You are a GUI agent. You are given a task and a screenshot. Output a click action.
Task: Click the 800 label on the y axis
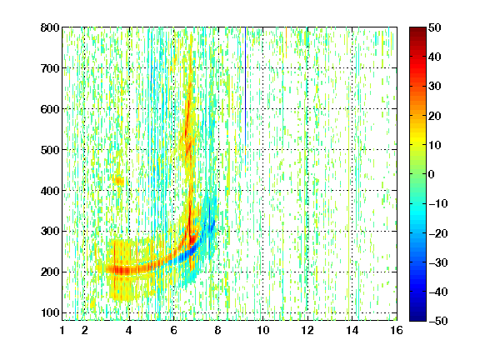(x=50, y=27)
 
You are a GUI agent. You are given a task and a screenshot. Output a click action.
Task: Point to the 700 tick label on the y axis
(x=50, y=68)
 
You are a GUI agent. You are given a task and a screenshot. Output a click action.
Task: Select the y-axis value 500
(x=50, y=150)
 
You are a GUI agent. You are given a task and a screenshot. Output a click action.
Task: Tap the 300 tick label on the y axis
(x=50, y=231)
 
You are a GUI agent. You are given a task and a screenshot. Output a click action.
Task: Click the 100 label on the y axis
(x=50, y=312)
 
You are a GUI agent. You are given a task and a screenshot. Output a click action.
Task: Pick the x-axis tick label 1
(x=62, y=330)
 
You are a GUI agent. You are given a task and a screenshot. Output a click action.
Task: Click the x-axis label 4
(x=129, y=330)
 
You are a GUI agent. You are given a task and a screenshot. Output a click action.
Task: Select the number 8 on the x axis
(x=218, y=330)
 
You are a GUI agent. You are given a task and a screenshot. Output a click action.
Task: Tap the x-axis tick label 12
(x=307, y=330)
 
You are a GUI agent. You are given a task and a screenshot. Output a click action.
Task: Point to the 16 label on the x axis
(x=397, y=330)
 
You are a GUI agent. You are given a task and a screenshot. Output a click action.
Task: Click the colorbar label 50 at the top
(x=434, y=27)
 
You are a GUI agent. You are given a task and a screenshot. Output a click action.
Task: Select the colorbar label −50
(x=438, y=321)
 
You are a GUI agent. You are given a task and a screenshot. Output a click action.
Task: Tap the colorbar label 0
(x=432, y=174)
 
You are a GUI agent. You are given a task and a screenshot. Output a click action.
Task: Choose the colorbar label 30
(x=434, y=86)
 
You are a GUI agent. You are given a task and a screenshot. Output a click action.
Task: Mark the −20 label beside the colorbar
(x=438, y=233)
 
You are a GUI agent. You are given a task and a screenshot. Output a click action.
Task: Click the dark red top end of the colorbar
(x=417, y=29)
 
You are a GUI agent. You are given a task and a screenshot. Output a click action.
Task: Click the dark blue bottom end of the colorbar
(x=417, y=318)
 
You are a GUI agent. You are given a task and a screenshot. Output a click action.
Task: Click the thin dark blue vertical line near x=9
(x=246, y=87)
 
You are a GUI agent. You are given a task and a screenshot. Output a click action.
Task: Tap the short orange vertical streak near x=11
(x=286, y=42)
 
